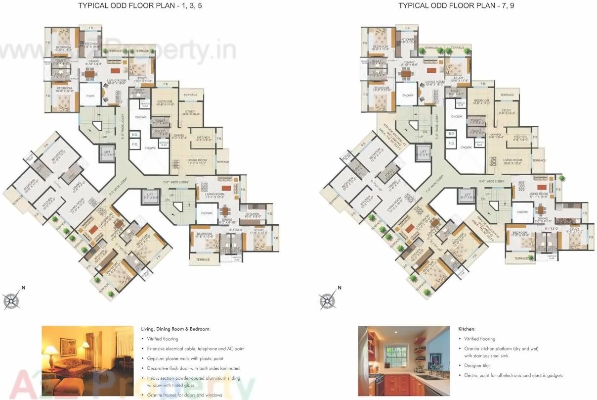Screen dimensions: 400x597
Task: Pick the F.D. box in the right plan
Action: click(451, 144)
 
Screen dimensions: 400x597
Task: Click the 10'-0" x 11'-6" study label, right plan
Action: click(458, 80)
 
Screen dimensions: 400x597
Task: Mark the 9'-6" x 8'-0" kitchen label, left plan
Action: click(204, 139)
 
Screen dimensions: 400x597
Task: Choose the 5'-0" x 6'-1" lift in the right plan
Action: click(422, 153)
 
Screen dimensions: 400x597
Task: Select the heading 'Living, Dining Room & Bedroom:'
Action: click(175, 329)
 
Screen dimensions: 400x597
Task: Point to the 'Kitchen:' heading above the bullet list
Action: click(467, 329)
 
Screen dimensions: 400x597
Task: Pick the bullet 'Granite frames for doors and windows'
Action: click(184, 395)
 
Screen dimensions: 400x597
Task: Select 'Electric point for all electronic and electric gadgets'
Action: click(513, 375)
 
